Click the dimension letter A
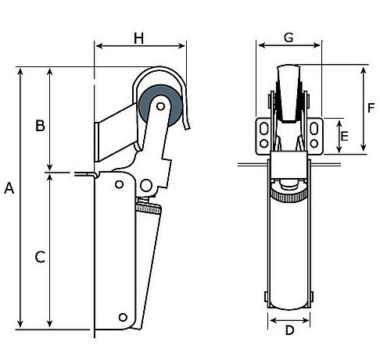tap(9, 188)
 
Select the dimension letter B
tap(40, 125)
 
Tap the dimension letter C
tap(40, 257)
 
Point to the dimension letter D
tap(289, 330)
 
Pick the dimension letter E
tap(345, 136)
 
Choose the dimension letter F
tap(371, 108)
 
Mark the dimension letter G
tap(289, 37)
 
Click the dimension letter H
tap(139, 38)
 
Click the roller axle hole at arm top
tap(160, 106)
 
